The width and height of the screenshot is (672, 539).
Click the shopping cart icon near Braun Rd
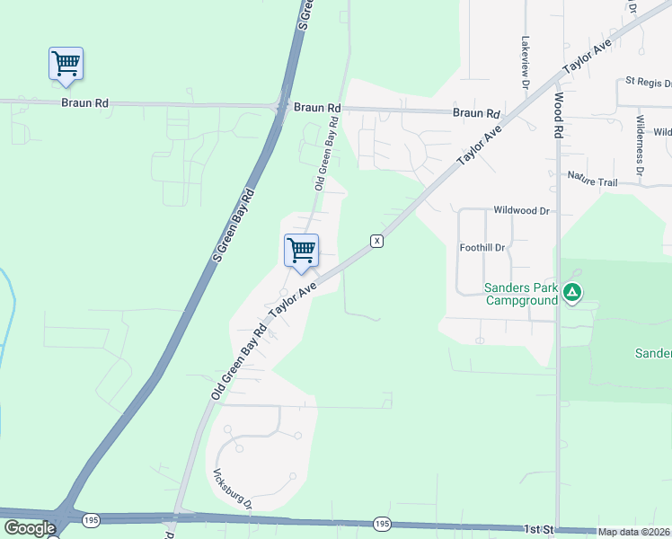[66, 64]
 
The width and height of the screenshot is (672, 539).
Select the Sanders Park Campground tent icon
[572, 292]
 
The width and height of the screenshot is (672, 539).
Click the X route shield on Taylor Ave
[377, 241]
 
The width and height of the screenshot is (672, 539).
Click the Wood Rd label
[558, 117]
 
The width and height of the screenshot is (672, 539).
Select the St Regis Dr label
[648, 82]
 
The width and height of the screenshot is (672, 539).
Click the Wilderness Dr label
[640, 145]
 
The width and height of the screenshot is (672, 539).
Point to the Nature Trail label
[592, 182]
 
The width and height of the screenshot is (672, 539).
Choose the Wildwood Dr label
[520, 210]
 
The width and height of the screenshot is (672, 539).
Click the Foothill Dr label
[482, 247]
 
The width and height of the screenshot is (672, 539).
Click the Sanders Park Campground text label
[521, 294]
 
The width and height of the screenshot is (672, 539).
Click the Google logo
[30, 528]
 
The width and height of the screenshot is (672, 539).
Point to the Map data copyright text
[634, 532]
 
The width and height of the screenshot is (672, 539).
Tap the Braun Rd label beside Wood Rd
[475, 114]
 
